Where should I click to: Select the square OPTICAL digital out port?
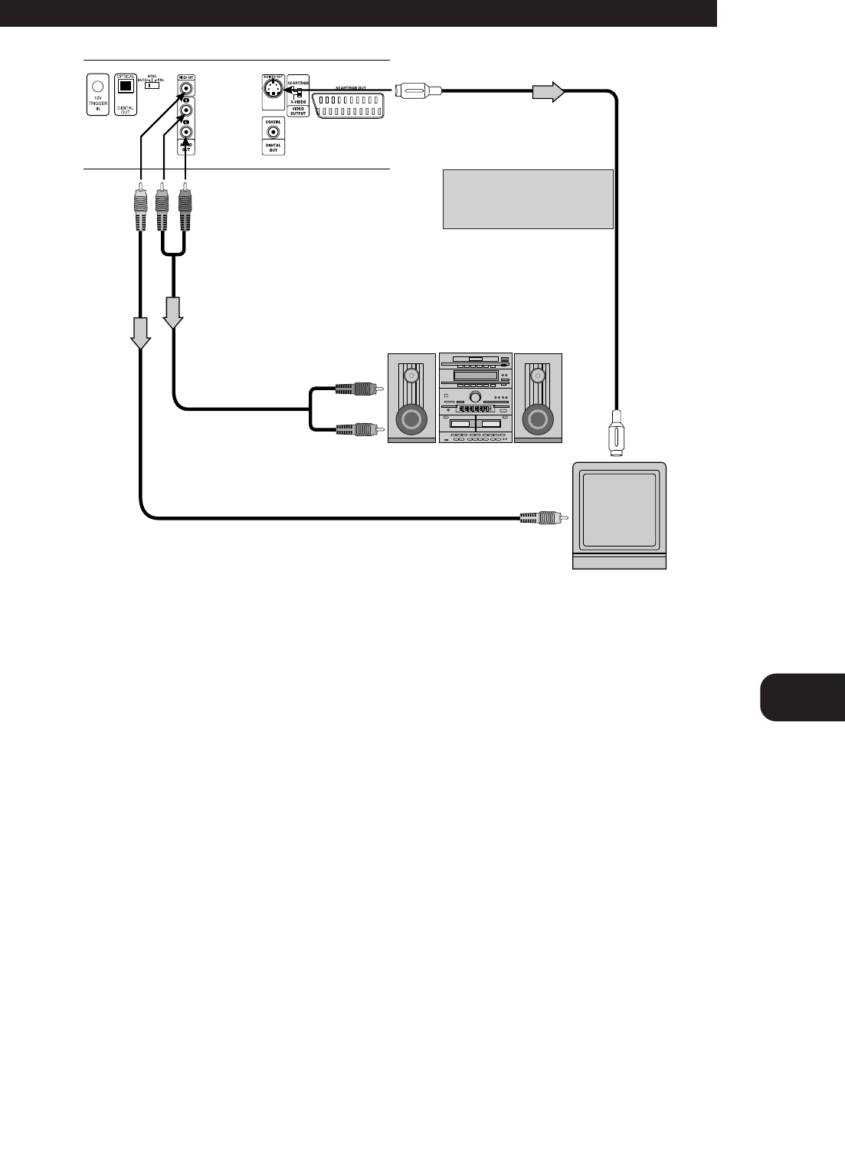click(x=124, y=87)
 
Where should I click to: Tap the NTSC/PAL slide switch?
click(x=152, y=85)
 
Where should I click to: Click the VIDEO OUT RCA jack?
click(x=185, y=88)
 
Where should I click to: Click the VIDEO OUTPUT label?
click(x=299, y=111)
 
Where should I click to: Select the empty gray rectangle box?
click(x=528, y=199)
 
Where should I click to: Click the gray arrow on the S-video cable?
click(x=548, y=93)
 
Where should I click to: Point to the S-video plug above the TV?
click(x=615, y=435)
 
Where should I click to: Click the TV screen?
click(x=620, y=511)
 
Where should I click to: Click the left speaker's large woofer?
click(x=411, y=420)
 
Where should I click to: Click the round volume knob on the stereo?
click(x=475, y=397)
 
